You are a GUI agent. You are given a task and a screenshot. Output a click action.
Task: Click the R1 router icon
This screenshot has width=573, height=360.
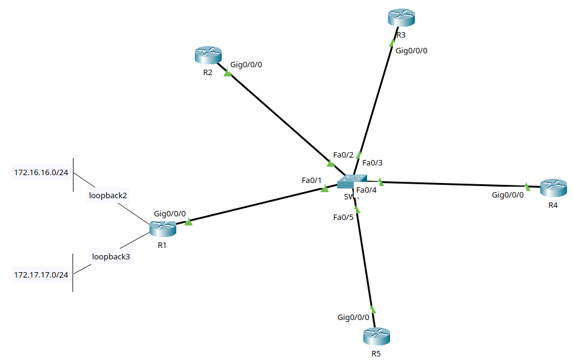162,228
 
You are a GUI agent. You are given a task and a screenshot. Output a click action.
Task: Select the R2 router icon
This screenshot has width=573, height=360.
208,56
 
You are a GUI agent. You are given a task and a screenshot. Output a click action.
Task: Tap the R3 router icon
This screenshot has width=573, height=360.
401,18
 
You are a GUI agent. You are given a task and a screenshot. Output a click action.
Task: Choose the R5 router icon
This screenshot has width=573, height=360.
376,336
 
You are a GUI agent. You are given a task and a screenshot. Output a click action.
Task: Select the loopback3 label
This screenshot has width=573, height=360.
111,256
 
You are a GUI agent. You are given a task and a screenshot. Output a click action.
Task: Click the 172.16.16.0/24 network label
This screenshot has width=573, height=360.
41,173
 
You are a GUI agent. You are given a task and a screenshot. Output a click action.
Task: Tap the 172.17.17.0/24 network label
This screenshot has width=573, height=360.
41,275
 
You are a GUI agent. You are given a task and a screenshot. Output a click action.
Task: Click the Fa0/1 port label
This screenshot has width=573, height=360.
311,180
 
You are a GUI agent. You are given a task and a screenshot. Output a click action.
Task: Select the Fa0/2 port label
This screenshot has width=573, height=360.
343,155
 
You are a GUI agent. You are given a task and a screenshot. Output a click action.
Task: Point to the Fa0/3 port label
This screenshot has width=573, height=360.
373,162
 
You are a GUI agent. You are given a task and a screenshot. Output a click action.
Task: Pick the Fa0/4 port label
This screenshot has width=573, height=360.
366,191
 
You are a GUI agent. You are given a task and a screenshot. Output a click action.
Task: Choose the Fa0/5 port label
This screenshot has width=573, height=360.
343,217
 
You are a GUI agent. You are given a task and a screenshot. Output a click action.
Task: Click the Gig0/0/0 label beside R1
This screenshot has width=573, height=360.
170,214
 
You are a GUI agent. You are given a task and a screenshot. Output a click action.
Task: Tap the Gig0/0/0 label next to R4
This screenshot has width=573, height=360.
508,195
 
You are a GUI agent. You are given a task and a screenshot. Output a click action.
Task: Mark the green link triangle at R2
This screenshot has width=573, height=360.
228,74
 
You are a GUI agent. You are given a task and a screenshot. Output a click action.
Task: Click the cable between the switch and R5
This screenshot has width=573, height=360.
365,261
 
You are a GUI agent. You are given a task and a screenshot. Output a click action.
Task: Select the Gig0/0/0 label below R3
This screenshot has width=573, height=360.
411,50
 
